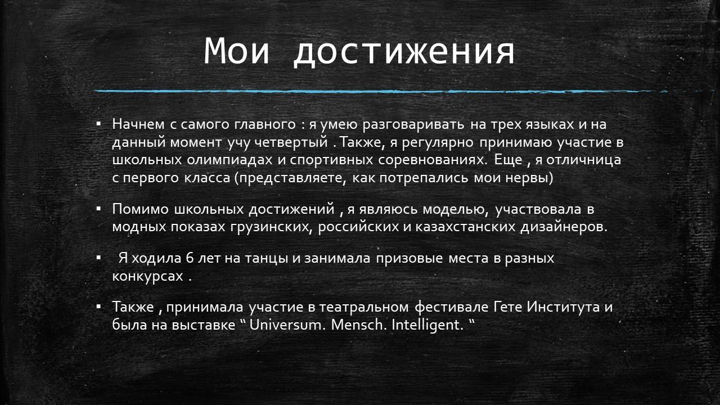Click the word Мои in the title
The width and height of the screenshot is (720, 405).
click(x=237, y=51)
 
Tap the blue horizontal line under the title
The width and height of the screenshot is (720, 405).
click(x=381, y=91)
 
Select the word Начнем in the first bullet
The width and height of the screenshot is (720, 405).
click(x=138, y=124)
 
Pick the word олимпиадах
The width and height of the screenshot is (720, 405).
click(x=229, y=160)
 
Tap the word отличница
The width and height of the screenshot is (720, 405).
click(x=584, y=160)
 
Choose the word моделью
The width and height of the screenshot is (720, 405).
click(x=454, y=209)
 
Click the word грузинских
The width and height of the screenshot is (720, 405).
click(x=271, y=227)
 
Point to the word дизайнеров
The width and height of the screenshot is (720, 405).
click(x=564, y=227)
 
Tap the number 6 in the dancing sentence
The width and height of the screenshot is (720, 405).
click(x=190, y=258)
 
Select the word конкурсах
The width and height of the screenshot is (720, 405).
click(x=147, y=276)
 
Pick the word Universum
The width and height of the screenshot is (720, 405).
click(x=285, y=325)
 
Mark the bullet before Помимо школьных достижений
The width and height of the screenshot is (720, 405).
click(x=98, y=209)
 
